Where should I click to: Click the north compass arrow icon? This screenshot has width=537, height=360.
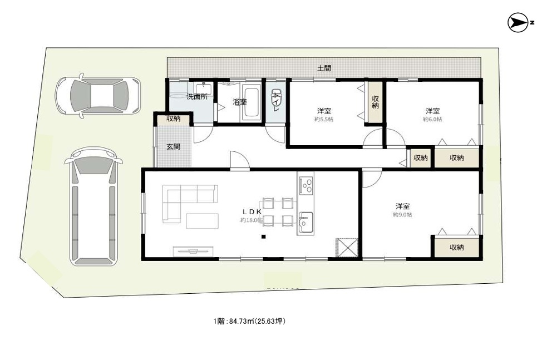tap(518, 23)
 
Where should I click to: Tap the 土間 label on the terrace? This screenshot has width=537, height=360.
tap(324, 68)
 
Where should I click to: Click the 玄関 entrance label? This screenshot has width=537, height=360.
tap(173, 147)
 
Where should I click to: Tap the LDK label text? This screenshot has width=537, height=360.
tap(252, 212)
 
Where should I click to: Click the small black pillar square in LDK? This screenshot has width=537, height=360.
tap(264, 238)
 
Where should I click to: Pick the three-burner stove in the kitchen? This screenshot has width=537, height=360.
tap(306, 185)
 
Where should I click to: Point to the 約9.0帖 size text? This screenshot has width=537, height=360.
tap(402, 215)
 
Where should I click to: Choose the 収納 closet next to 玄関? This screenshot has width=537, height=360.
tap(173, 119)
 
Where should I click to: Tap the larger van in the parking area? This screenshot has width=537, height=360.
tap(92, 206)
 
